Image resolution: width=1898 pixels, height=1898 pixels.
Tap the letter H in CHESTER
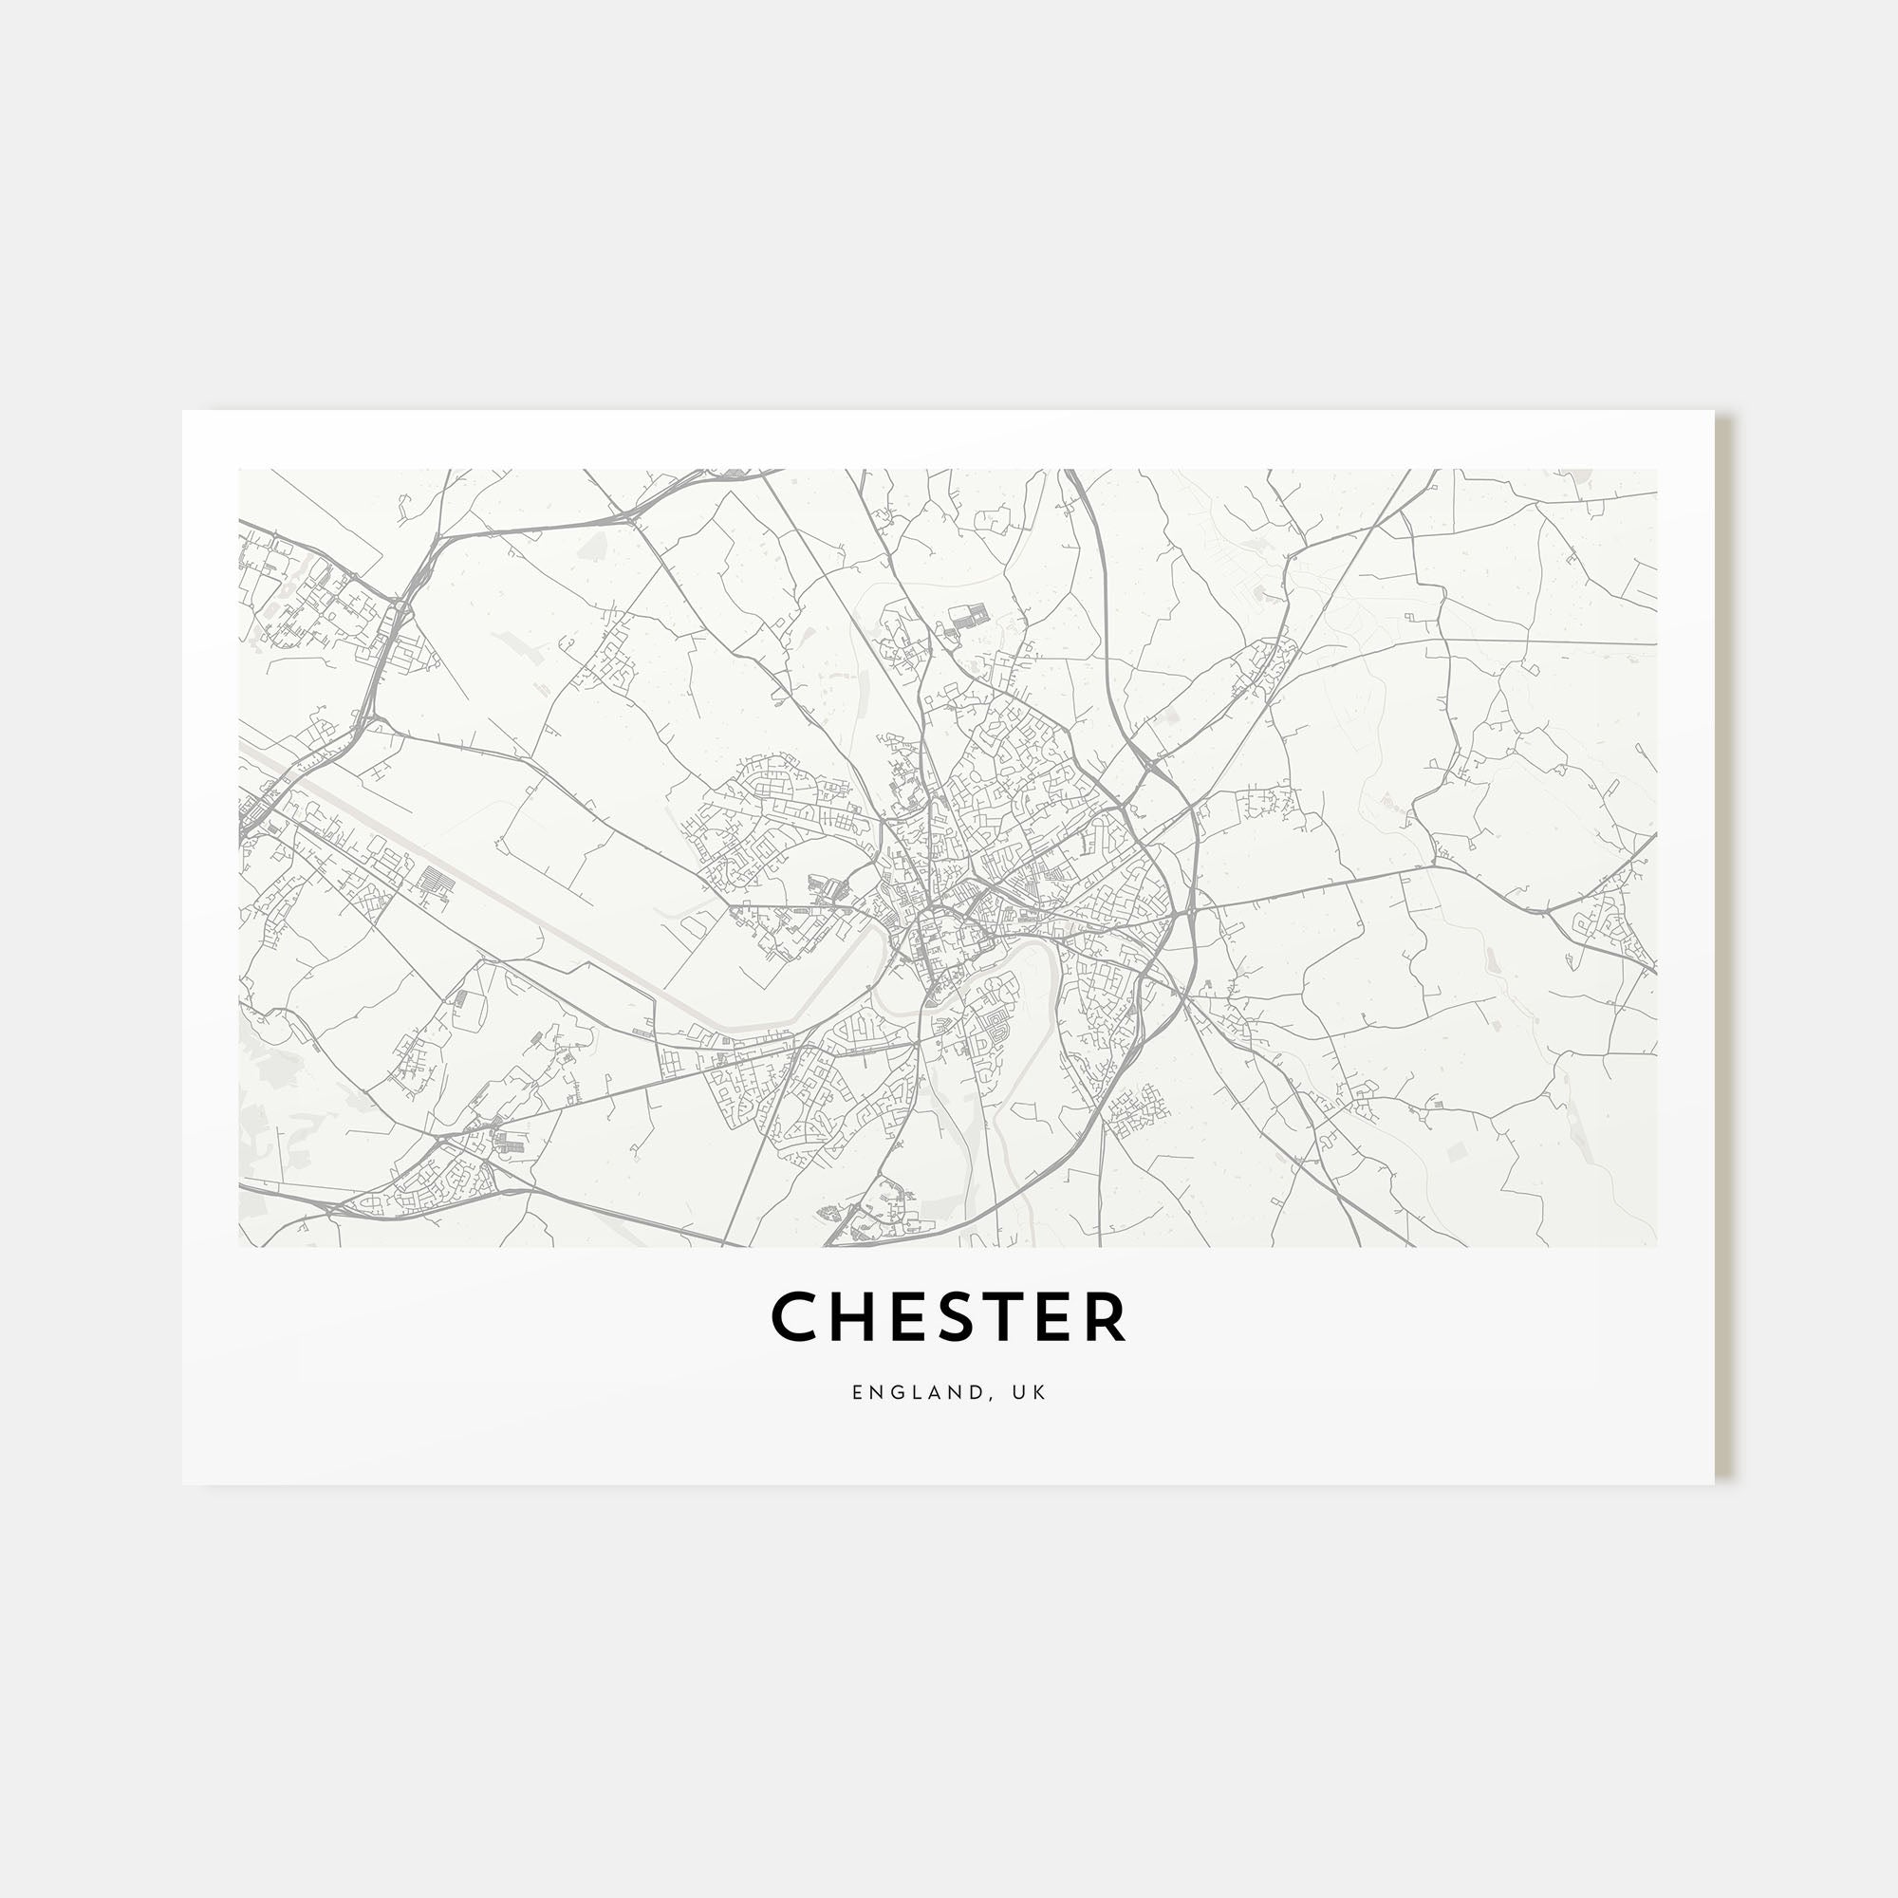tap(850, 1317)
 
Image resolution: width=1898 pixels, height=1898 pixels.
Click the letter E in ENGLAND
tap(858, 1392)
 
